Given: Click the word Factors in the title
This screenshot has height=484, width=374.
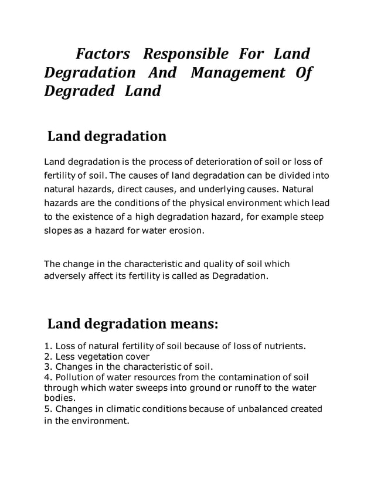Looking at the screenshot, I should point(103,54).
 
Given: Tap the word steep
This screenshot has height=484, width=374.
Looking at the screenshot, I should point(317,217).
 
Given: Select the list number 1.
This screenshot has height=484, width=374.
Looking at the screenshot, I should point(47,346).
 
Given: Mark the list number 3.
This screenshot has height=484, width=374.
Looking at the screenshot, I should point(47,367).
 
